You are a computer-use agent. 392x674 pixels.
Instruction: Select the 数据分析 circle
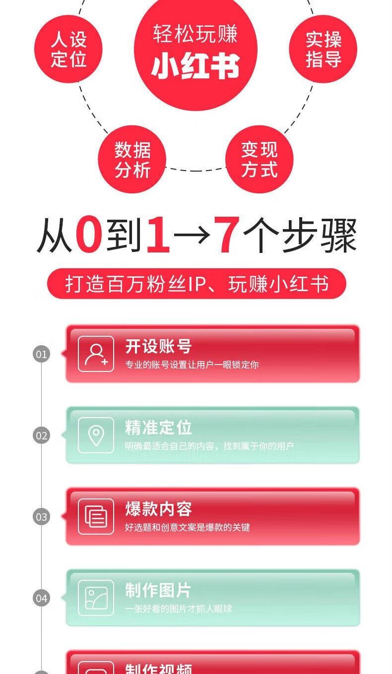[x=132, y=159]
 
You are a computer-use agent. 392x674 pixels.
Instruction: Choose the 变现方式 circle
[x=259, y=159]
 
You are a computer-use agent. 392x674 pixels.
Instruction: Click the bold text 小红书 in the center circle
[x=196, y=66]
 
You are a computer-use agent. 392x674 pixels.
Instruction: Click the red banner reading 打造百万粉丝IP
[x=196, y=284]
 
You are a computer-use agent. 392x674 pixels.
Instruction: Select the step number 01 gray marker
[x=42, y=354]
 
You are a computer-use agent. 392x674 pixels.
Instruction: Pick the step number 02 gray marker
[x=42, y=435]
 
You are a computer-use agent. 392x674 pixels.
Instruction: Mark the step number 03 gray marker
[x=42, y=517]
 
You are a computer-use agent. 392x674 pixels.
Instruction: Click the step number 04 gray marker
[x=42, y=598]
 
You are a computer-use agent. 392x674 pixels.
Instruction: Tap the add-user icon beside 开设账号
[x=96, y=354]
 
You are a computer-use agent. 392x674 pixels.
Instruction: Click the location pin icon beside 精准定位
[x=96, y=435]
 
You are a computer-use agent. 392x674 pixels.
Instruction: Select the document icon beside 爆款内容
[x=96, y=517]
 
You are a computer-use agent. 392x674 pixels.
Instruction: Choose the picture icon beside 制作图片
[x=96, y=598]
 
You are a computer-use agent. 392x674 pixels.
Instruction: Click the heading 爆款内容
[x=158, y=509]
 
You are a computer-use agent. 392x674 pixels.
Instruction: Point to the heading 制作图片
[x=158, y=591]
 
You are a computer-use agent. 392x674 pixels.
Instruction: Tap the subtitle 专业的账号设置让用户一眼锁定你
[x=192, y=365]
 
